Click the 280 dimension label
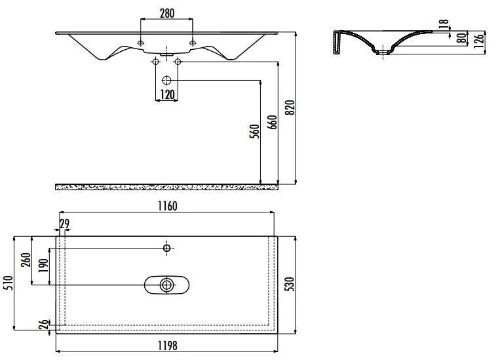pyautogui.click(x=166, y=12)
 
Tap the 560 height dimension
pyautogui.click(x=254, y=131)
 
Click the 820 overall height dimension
pyautogui.click(x=290, y=108)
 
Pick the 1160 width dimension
pyautogui.click(x=167, y=206)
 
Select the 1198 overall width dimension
pyautogui.click(x=167, y=345)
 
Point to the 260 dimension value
pyautogui.click(x=26, y=260)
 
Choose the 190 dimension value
pyautogui.click(x=43, y=266)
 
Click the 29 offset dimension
pyautogui.click(x=64, y=224)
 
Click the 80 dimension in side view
pyautogui.click(x=461, y=38)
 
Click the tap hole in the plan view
pyautogui.click(x=166, y=248)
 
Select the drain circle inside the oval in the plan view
pyautogui.click(x=166, y=285)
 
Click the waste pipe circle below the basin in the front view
pyautogui.click(x=166, y=80)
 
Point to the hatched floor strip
pyautogui.click(x=166, y=187)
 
